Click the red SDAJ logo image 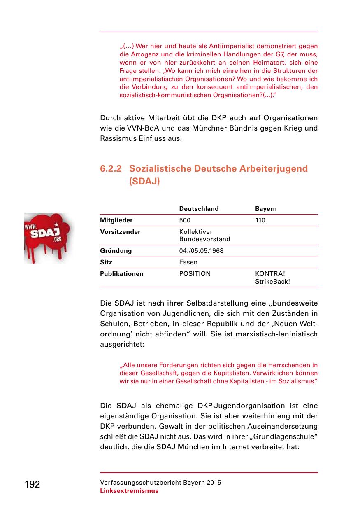[47, 238]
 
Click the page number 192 [33, 484]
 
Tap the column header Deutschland [199, 209]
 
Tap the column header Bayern [266, 209]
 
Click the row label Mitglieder [116, 220]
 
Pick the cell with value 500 [185, 220]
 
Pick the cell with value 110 [260, 220]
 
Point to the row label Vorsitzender [120, 232]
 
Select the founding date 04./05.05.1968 [201, 251]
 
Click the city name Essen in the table [188, 262]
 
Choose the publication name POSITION [195, 274]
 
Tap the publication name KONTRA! [270, 274]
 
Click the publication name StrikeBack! [272, 282]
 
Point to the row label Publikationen [122, 274]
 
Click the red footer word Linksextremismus [129, 491]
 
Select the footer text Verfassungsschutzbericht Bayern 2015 [160, 483]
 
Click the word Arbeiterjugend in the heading [274, 169]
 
